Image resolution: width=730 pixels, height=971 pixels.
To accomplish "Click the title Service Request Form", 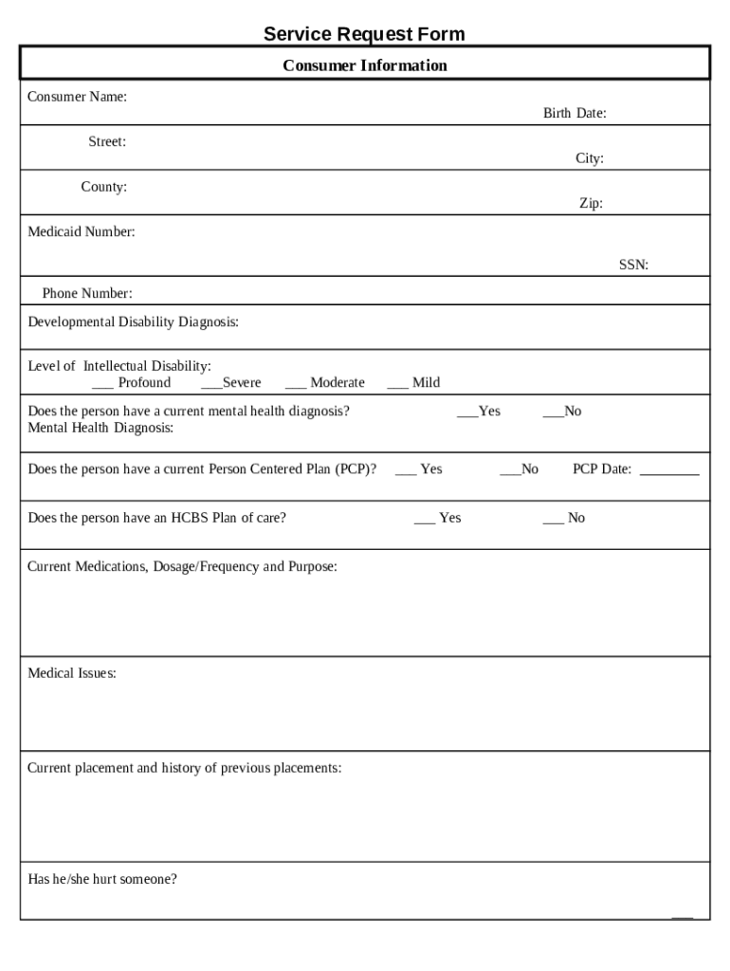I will pyautogui.click(x=364, y=35).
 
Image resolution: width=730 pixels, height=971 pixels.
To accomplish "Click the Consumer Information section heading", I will pyautogui.click(x=365, y=65).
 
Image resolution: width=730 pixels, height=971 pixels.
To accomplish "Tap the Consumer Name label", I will pyautogui.click(x=77, y=97).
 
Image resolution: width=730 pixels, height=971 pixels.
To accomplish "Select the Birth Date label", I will pyautogui.click(x=575, y=114).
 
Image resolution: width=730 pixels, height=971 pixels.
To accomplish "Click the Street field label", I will pyautogui.click(x=107, y=142).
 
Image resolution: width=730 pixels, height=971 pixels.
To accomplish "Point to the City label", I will pyautogui.click(x=589, y=158).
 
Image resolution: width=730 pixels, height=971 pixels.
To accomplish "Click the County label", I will pyautogui.click(x=103, y=187).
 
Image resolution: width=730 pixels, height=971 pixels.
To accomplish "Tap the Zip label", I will pyautogui.click(x=591, y=203).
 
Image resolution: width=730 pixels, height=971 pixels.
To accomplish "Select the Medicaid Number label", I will pyautogui.click(x=81, y=231).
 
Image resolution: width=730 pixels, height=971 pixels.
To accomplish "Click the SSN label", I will pyautogui.click(x=633, y=266).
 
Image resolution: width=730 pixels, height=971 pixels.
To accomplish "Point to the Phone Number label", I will pyautogui.click(x=87, y=294).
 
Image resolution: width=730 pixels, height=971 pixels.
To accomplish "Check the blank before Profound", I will pyautogui.click(x=102, y=384).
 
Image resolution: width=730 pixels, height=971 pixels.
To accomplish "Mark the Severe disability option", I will pyautogui.click(x=210, y=384).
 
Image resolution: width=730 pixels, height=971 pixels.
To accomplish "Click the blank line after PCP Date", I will pyautogui.click(x=669, y=470).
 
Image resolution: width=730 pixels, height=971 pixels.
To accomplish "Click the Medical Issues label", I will pyautogui.click(x=72, y=673).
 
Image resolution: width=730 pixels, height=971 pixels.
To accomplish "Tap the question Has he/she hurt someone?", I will pyautogui.click(x=102, y=879).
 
